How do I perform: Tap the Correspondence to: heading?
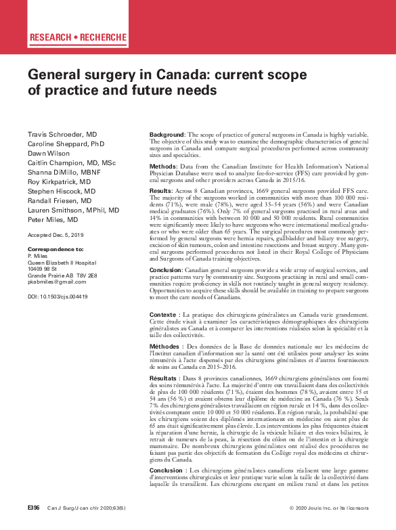[56, 250]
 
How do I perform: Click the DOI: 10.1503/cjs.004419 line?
[58, 296]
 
